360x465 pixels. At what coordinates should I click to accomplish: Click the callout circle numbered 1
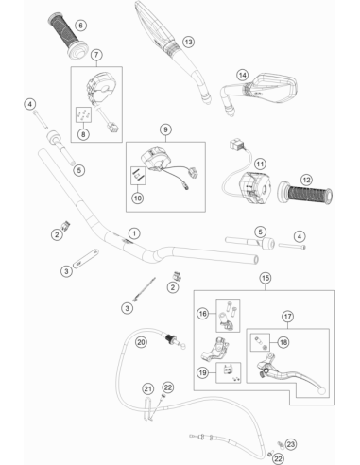(134, 233)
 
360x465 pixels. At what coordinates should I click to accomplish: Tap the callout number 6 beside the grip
(81, 25)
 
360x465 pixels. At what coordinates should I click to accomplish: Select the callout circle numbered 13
(188, 42)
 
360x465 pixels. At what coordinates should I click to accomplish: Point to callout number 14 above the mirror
(243, 76)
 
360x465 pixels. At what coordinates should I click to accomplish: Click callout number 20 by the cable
(141, 342)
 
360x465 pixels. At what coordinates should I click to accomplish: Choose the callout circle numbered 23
(290, 444)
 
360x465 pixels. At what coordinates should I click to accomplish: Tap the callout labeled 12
(306, 180)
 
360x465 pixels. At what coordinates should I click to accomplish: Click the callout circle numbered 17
(287, 317)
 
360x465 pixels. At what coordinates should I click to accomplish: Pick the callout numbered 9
(165, 129)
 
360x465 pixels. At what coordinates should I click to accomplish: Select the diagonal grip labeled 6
(68, 35)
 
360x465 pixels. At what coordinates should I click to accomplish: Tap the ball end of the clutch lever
(321, 391)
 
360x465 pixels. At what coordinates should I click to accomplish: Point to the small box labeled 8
(83, 114)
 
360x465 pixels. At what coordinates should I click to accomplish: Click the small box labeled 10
(138, 176)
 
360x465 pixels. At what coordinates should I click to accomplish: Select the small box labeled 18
(260, 342)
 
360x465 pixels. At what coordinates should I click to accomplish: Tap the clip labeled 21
(147, 409)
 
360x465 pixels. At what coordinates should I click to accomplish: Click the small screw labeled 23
(280, 444)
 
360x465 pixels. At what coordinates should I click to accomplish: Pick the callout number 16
(202, 314)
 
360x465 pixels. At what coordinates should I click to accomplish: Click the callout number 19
(202, 372)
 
